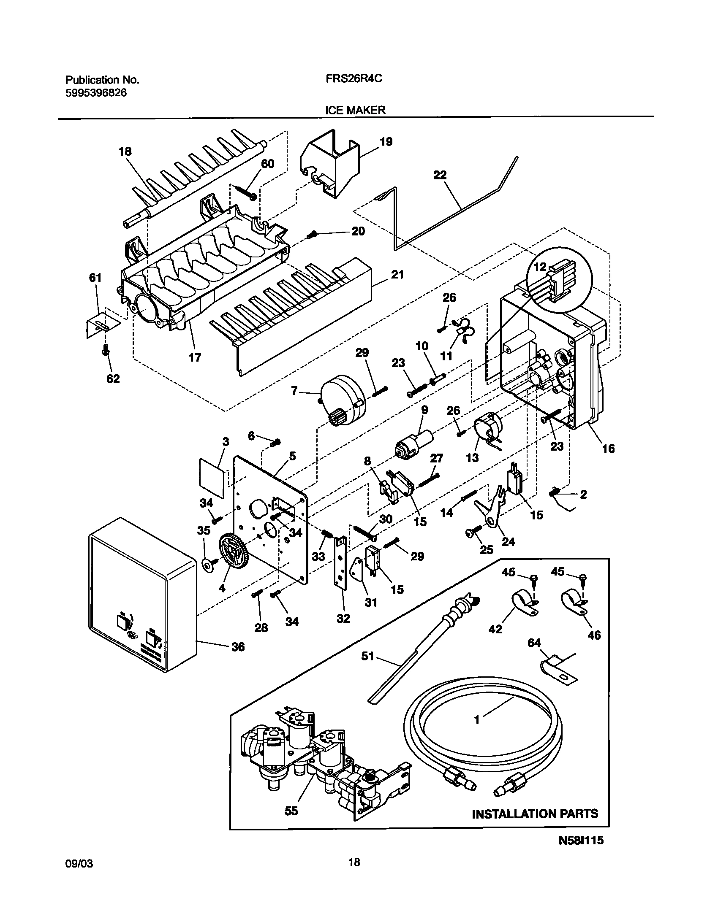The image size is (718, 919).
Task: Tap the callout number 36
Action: coord(238,646)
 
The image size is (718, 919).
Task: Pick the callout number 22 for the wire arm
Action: coord(440,175)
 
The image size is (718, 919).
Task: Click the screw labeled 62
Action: coord(106,350)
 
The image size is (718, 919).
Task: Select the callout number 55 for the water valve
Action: coord(291,811)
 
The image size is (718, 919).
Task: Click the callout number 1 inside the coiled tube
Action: coord(477,720)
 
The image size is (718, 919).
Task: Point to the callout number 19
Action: coord(386,141)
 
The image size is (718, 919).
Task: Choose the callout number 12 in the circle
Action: coord(540,267)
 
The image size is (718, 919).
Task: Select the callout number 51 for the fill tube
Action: coord(367,657)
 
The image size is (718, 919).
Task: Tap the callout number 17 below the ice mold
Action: coord(195,357)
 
